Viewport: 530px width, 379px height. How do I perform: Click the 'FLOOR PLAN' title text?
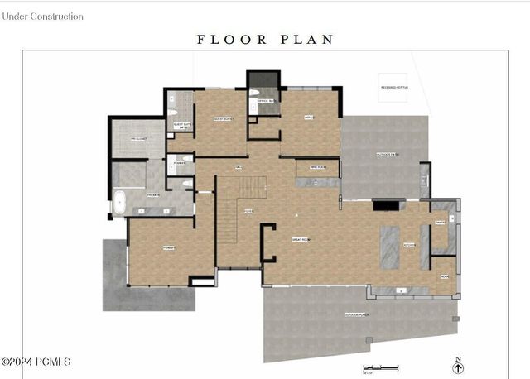point(265,39)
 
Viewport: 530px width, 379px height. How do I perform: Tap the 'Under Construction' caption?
point(43,16)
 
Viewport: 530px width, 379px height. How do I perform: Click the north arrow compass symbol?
point(458,366)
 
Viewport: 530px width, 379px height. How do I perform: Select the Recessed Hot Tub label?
point(395,86)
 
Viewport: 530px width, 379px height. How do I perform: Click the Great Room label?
point(301,239)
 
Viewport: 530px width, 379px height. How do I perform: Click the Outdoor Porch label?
point(357,315)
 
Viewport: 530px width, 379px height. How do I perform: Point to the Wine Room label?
point(318,167)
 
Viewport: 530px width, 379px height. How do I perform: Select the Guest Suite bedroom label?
point(224,119)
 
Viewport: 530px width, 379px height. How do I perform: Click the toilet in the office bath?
point(253,93)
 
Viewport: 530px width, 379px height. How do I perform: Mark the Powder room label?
point(179,164)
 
